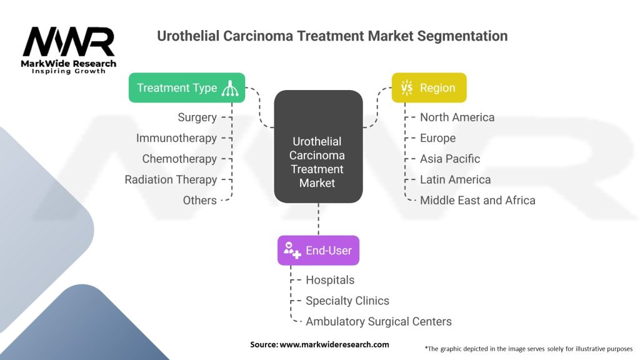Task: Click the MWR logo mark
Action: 69,42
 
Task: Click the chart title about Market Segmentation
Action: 332,36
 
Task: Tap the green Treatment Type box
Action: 187,87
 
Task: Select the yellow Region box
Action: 429,87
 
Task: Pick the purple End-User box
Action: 318,251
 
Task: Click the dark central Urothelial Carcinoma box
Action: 318,162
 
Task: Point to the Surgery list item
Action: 197,117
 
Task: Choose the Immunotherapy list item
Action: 176,138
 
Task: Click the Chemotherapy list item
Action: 179,159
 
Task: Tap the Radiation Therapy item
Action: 171,179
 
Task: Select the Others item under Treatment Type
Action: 200,200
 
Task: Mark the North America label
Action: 457,117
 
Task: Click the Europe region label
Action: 437,138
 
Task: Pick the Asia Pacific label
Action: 450,159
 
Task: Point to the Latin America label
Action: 455,179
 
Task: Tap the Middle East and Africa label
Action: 477,200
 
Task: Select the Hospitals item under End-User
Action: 330,280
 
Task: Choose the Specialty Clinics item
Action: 347,301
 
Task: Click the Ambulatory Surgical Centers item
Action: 379,321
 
